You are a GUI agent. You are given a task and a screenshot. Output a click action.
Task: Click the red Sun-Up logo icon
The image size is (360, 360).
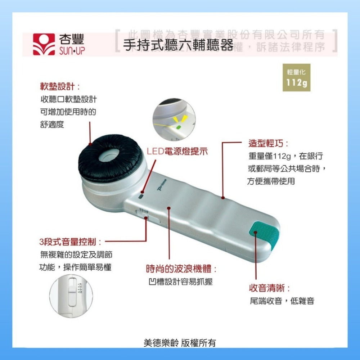tap(44, 44)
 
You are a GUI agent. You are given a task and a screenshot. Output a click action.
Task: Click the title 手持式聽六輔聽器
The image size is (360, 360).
tap(178, 46)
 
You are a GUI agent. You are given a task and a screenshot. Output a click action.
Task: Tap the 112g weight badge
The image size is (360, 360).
tap(296, 77)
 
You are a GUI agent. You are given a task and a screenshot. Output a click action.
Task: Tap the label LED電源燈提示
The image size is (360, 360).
tap(177, 151)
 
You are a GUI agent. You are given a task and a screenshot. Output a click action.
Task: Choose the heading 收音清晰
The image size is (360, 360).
tap(270, 288)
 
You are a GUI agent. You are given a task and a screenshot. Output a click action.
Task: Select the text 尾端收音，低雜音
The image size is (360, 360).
tap(282, 301)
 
